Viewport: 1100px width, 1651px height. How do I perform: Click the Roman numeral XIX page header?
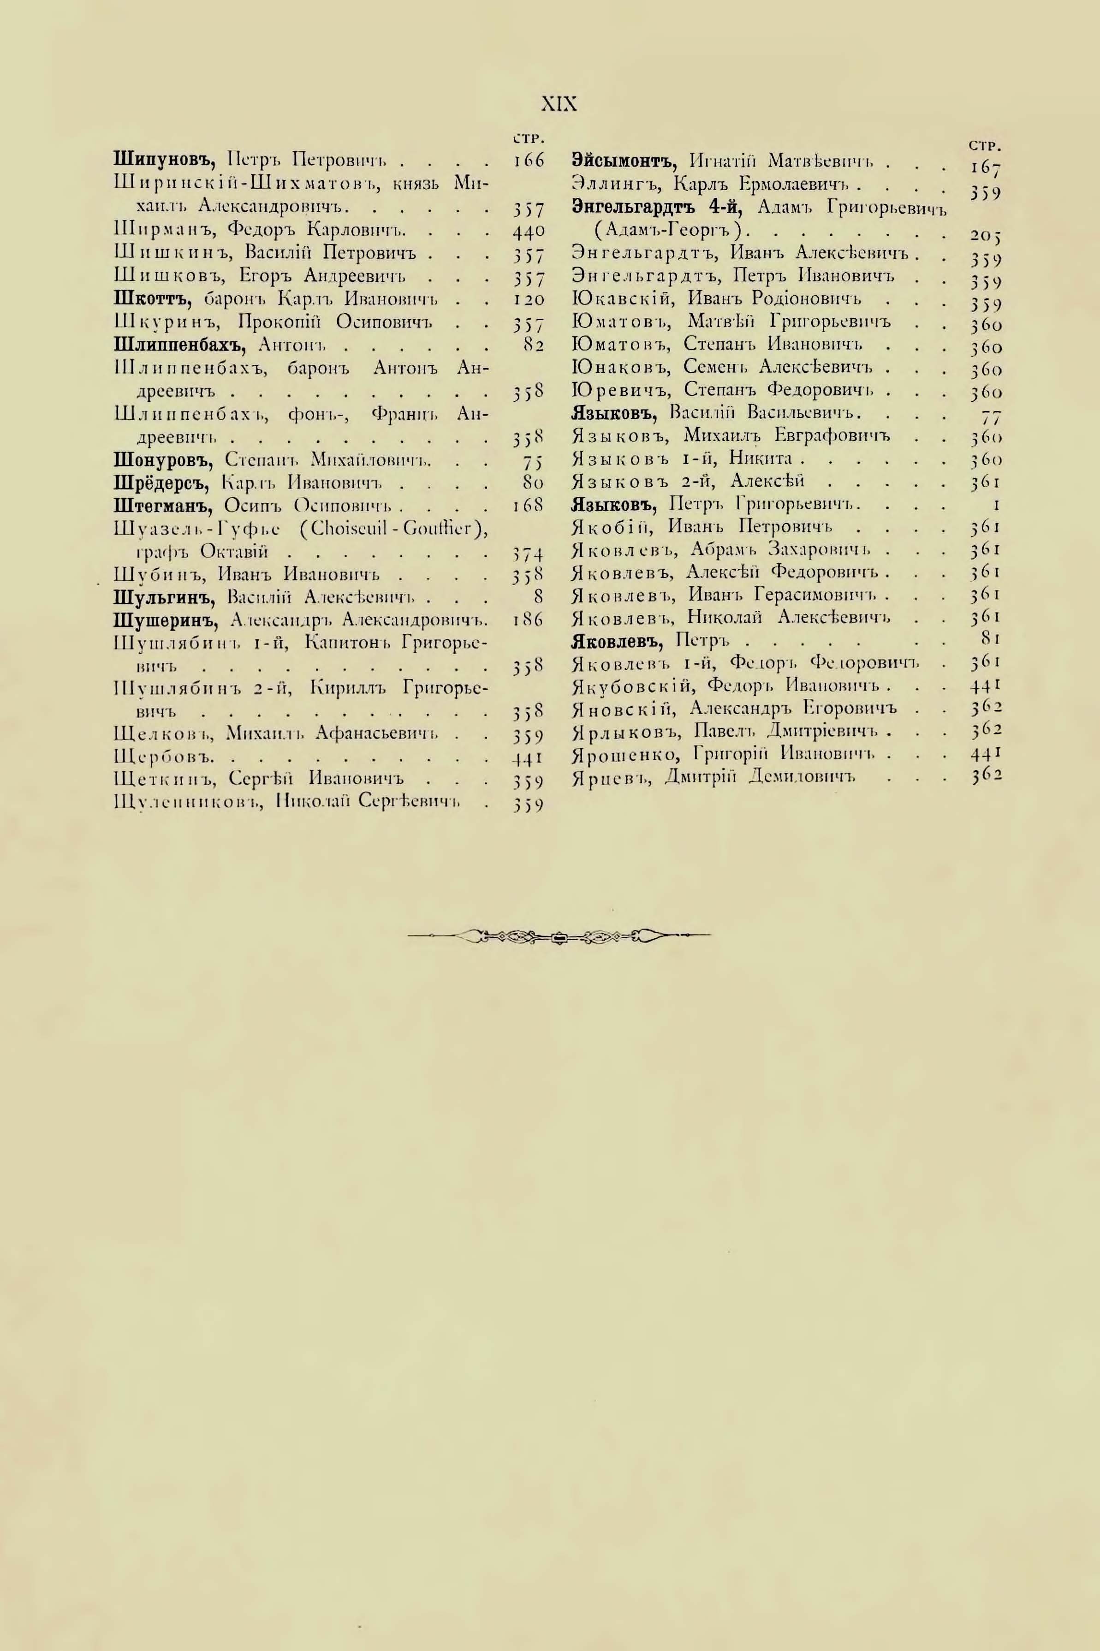559,105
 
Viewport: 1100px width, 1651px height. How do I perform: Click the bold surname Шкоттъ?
152,299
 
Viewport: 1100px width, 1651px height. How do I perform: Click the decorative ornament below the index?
559,935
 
